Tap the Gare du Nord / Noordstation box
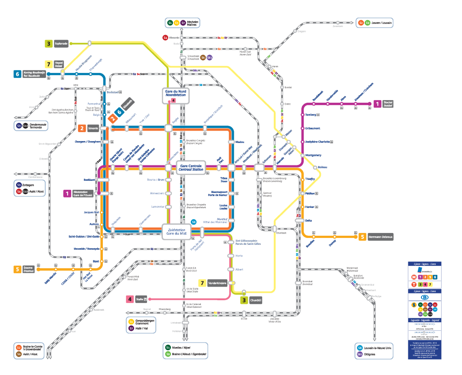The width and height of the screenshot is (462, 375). click(176, 93)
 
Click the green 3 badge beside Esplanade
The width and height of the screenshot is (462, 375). click(48, 44)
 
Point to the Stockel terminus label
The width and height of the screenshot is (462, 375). click(388, 104)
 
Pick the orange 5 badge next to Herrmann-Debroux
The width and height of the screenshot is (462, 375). click(362, 237)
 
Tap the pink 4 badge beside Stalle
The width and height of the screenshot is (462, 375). click(129, 299)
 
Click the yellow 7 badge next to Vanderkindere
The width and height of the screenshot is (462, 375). click(203, 283)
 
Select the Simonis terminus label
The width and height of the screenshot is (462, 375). click(93, 128)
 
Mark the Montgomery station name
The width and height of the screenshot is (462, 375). click(314, 155)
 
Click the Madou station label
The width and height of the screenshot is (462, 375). click(240, 142)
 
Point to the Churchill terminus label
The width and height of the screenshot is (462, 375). click(256, 300)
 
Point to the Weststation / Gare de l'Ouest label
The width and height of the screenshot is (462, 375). click(83, 193)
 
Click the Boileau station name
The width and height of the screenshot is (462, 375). click(322, 167)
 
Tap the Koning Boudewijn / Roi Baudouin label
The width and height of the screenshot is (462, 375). click(35, 74)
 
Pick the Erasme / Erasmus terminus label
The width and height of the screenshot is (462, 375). click(29, 270)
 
